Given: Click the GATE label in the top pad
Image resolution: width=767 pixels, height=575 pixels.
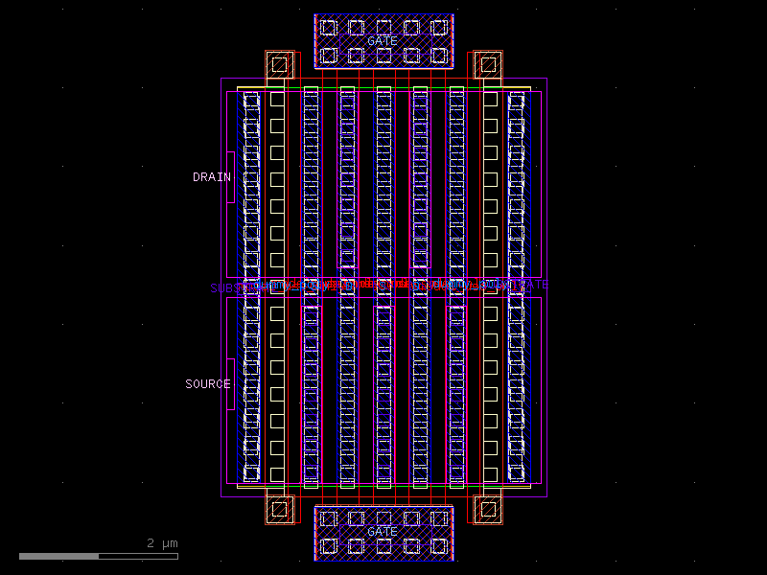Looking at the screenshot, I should pos(383,41).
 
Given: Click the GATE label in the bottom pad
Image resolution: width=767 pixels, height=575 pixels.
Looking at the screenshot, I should pos(383,531).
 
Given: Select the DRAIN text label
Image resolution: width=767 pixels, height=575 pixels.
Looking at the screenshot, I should pos(212,177).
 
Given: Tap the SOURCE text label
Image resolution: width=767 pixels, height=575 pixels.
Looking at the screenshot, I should pos(208,384).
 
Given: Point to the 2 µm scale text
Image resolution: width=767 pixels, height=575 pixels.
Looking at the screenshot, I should pos(162,543).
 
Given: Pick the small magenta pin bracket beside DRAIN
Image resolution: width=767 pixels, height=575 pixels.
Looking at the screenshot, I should pos(231,176).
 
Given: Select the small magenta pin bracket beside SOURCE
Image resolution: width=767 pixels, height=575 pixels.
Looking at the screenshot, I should pos(231,384).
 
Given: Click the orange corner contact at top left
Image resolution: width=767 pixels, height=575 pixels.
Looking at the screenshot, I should pos(279,65).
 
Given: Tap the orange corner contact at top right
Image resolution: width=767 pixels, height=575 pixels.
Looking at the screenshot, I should pos(488,65).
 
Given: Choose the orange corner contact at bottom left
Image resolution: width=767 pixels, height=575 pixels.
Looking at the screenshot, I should pos(279,509).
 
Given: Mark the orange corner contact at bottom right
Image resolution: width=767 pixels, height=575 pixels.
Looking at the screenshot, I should pos(488,509).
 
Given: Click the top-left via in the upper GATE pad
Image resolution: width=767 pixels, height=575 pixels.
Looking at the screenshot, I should pos(329,28).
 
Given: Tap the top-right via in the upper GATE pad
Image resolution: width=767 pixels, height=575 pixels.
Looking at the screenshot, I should pos(439,28).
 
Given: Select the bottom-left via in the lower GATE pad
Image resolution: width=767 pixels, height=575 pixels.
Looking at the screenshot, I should pos(329,545).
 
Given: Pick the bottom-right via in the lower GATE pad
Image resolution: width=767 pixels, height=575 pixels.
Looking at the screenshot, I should pos(439,545).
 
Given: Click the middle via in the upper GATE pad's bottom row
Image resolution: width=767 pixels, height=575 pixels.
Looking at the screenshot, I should pos(383,55).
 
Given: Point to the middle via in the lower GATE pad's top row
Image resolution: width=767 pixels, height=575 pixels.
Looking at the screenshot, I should pos(383,518).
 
